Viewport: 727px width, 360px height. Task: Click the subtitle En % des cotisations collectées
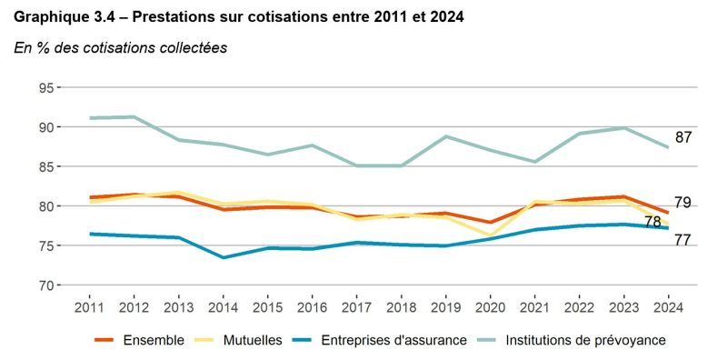(x=120, y=47)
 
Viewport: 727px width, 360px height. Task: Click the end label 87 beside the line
(x=683, y=138)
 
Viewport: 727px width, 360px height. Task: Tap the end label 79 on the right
(x=683, y=203)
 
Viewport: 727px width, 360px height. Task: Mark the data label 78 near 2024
(x=652, y=222)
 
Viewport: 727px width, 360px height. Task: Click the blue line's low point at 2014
(x=223, y=257)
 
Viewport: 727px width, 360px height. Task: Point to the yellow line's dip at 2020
(x=490, y=235)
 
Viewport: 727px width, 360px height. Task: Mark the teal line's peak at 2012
(x=134, y=116)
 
